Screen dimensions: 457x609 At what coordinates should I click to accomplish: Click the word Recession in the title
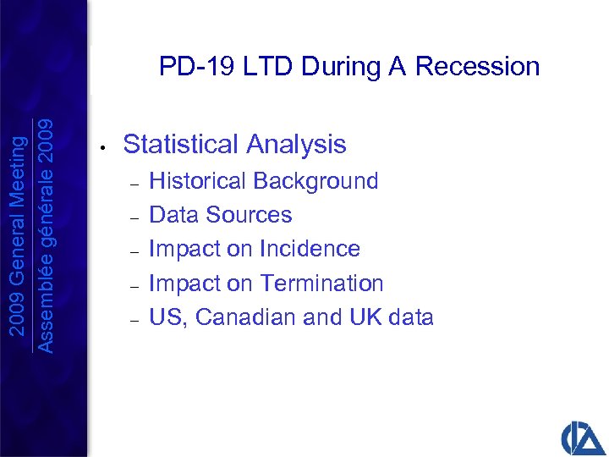tap(477, 67)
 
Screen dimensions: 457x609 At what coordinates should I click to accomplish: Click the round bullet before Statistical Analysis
tap(100, 147)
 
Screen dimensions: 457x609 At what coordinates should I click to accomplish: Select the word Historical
tap(197, 181)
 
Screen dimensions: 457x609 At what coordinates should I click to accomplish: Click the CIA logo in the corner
tap(583, 436)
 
